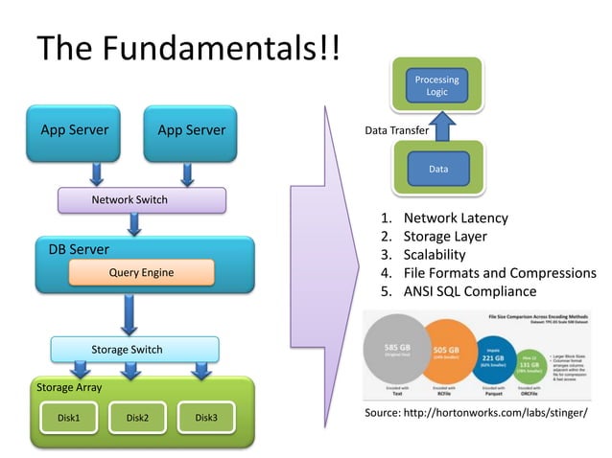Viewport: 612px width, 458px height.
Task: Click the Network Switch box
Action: point(141,200)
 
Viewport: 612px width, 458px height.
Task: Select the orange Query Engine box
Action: point(141,273)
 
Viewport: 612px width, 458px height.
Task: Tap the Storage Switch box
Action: point(133,349)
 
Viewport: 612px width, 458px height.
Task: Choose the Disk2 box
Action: point(136,418)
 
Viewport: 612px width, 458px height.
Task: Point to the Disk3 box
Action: point(205,418)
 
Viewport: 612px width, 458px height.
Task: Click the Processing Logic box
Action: point(436,85)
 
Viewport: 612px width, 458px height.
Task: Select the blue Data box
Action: point(437,169)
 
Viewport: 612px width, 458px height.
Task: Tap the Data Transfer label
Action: point(397,130)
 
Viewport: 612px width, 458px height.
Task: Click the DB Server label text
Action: point(79,249)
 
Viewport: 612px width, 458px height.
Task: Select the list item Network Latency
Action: point(455,218)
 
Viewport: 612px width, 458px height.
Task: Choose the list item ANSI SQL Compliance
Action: point(469,291)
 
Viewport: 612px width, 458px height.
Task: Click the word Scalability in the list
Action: point(434,255)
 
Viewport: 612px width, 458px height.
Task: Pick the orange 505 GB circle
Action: point(451,353)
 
